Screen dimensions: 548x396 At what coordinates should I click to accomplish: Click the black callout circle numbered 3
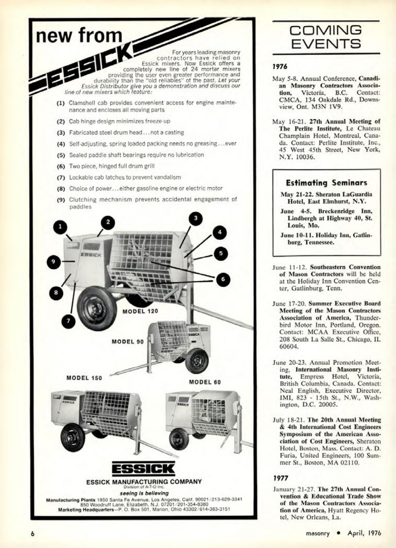195,218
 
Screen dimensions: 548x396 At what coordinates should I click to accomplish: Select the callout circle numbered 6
223,279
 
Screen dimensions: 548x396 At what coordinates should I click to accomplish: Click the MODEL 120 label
140,311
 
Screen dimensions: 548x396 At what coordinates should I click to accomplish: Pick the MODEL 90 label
127,342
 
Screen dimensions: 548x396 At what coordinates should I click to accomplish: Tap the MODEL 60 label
205,382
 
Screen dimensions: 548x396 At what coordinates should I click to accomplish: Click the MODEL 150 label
84,378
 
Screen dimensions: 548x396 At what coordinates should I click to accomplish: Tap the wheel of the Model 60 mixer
179,440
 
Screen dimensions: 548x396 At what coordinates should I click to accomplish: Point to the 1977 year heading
280,478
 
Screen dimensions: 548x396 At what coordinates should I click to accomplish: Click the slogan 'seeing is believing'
144,493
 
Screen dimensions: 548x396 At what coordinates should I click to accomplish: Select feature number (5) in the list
61,155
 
